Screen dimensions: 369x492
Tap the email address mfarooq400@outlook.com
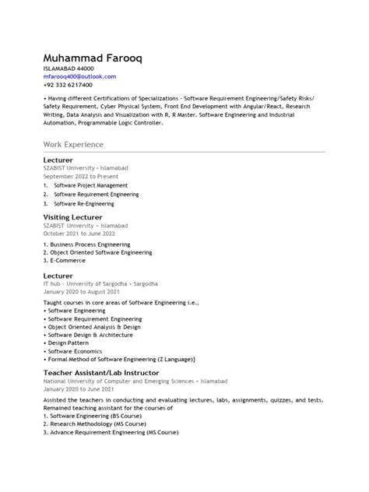point(79,77)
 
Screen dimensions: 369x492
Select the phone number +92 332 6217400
point(69,86)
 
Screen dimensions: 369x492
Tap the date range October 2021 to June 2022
point(85,233)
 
